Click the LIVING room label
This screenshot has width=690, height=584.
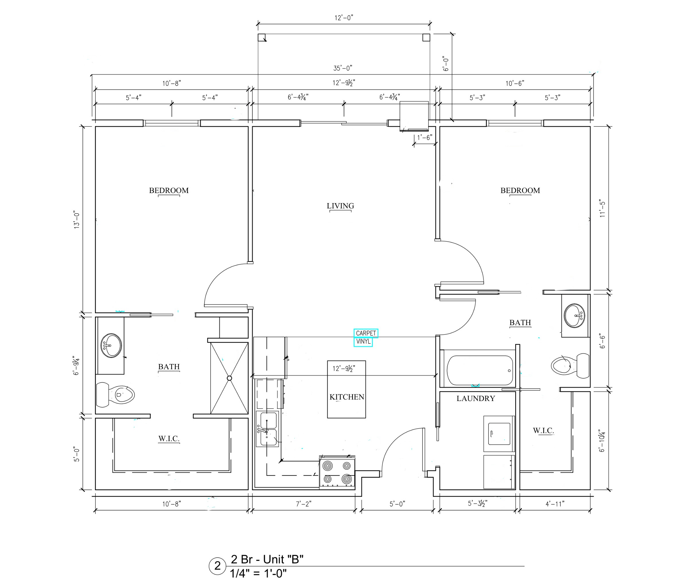pos(340,206)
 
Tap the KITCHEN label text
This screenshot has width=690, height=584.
pos(347,397)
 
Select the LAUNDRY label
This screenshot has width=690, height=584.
pos(476,398)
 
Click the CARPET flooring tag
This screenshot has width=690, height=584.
pos(366,333)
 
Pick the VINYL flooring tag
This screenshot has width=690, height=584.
pos(363,342)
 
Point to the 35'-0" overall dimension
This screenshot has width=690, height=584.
pos(343,68)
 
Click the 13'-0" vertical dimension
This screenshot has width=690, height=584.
pos(76,219)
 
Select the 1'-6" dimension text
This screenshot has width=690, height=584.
pos(425,137)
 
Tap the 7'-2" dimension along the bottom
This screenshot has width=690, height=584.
pos(304,504)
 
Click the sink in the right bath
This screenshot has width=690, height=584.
pos(574,315)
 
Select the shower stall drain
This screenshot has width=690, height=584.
pos(229,378)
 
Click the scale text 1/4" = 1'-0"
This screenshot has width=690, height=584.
pos(258,573)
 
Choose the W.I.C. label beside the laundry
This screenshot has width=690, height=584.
pos(543,430)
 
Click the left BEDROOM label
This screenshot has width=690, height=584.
pos(169,190)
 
